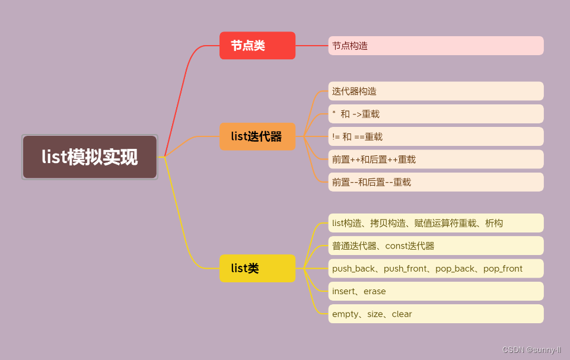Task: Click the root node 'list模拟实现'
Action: click(90, 157)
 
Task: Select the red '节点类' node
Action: click(257, 46)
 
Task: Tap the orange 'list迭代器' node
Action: click(257, 136)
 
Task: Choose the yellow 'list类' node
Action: click(257, 268)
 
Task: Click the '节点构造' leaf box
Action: click(435, 46)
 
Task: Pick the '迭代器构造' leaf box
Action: click(435, 91)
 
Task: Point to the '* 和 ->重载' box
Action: click(435, 114)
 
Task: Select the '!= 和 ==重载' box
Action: click(435, 137)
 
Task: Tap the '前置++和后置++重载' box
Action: click(435, 160)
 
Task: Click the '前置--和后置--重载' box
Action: click(435, 182)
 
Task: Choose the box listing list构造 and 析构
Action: click(435, 223)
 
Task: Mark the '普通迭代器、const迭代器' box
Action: click(435, 246)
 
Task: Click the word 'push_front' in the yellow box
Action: click(406, 269)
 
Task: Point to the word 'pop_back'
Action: click(456, 269)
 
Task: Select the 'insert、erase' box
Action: click(435, 291)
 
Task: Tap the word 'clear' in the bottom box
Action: click(402, 314)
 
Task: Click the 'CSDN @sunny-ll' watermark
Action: click(531, 350)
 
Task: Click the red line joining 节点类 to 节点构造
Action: click(311, 46)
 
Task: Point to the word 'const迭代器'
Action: click(410, 246)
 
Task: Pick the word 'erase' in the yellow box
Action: click(375, 291)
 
